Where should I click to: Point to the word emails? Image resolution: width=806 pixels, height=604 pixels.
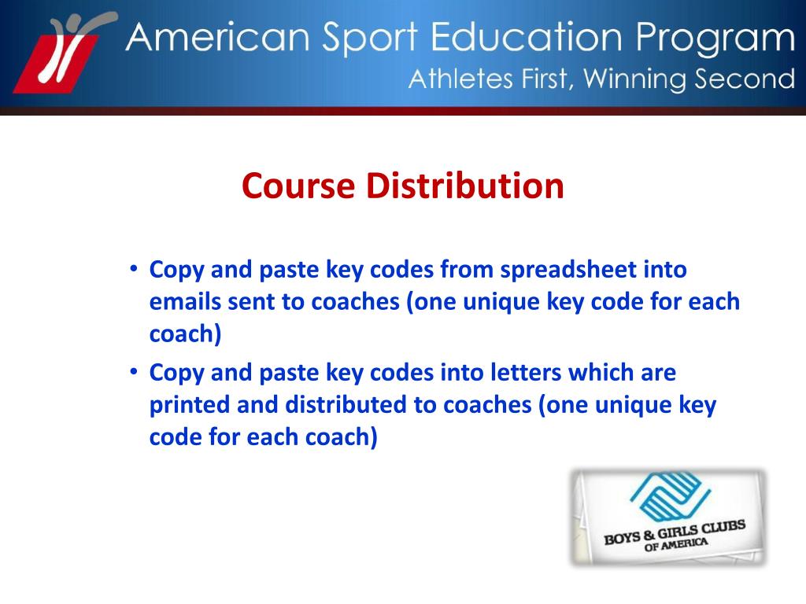(184, 302)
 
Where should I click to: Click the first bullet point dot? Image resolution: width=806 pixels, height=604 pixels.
(135, 269)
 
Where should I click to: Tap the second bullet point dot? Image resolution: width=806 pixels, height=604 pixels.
(135, 371)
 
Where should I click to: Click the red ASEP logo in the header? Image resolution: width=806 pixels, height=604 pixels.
(61, 55)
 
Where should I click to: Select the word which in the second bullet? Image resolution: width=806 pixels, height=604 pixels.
(586, 372)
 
